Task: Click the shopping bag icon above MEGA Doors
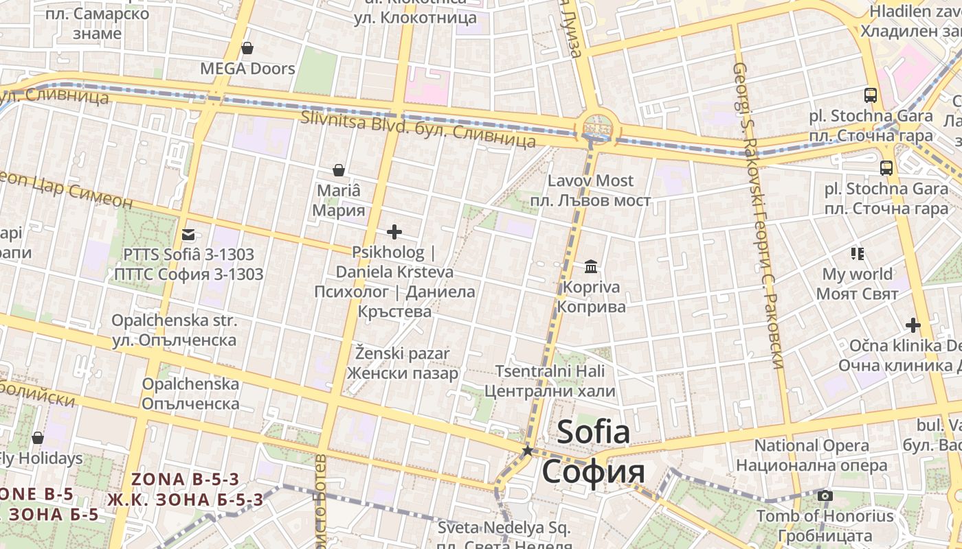(247, 48)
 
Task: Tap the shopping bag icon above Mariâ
(338, 170)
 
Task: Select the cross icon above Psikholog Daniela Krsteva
(394, 232)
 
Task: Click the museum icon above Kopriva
(591, 266)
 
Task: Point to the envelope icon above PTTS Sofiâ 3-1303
(188, 235)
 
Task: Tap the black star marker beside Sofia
(528, 451)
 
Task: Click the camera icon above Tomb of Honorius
(825, 495)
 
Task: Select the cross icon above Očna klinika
(913, 325)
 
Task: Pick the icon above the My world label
(857, 254)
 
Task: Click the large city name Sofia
(594, 432)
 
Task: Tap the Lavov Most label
(590, 180)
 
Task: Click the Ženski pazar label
(402, 354)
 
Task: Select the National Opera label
(812, 445)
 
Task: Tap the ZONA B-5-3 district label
(186, 479)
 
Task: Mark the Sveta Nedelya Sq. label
(504, 528)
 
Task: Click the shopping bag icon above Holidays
(38, 438)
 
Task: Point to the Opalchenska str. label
(174, 320)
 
